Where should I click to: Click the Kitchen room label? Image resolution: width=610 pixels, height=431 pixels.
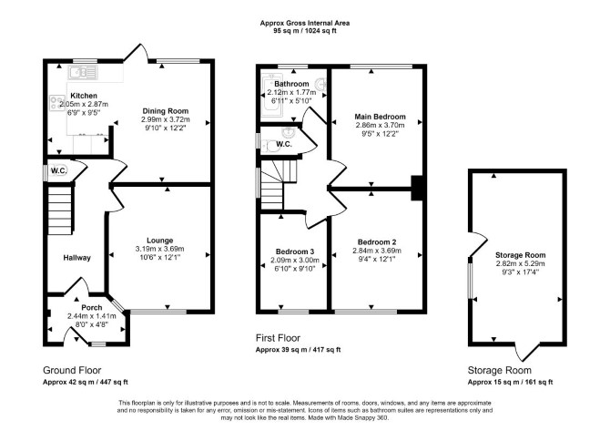(x=84, y=96)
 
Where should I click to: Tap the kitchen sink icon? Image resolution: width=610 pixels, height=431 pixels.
(x=83, y=72)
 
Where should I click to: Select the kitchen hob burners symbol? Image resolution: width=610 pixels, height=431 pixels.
(x=57, y=103)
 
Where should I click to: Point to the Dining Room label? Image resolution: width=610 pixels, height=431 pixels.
(x=166, y=111)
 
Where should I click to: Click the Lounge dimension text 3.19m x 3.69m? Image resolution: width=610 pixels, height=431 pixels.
(x=160, y=249)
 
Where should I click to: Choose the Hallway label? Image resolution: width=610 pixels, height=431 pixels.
(x=77, y=258)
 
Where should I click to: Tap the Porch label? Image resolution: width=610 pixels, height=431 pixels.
(x=92, y=308)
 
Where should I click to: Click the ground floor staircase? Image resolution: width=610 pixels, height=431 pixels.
(x=60, y=210)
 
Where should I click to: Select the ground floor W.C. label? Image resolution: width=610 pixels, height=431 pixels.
(x=59, y=170)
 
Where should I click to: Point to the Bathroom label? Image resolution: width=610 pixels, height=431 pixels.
(x=291, y=84)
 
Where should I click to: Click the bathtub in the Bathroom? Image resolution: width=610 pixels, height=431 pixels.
(x=269, y=95)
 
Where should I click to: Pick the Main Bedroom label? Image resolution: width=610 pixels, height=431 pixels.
(x=380, y=117)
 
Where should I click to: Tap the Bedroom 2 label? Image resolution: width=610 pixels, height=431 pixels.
(x=377, y=242)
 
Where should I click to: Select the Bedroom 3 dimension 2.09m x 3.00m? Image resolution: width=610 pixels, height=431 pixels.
(x=295, y=260)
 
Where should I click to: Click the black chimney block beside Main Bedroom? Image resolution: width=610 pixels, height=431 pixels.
(x=417, y=188)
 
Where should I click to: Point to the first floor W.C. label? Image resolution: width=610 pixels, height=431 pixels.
(x=284, y=145)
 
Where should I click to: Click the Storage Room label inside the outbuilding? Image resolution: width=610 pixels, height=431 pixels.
(x=520, y=255)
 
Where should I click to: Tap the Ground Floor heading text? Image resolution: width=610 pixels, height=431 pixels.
(x=72, y=370)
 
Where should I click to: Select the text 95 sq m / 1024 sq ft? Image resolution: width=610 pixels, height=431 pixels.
(x=305, y=30)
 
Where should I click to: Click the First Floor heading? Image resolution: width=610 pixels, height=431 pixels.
(x=278, y=338)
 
